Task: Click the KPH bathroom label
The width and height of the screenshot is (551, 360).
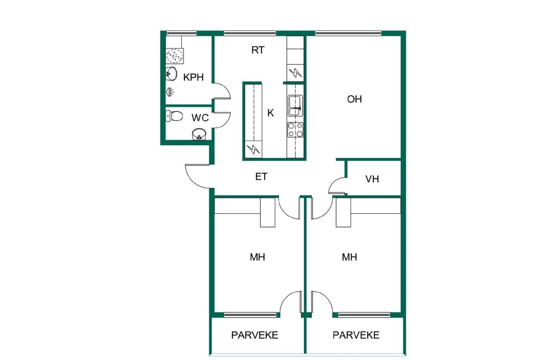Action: pos(193,77)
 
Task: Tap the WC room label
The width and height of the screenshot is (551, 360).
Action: pos(200,117)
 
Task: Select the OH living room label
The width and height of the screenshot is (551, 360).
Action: pos(354,99)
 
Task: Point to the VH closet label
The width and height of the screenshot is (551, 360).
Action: pos(372,179)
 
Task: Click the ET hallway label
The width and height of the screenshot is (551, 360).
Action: pos(261,177)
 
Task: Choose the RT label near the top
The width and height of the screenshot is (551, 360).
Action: pos(257,50)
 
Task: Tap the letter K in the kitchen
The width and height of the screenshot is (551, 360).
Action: pos(270,113)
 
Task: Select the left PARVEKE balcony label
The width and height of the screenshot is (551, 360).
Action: pos(254,335)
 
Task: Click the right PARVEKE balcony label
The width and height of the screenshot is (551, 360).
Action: pos(356,335)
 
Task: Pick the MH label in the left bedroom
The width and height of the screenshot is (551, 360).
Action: pos(257,257)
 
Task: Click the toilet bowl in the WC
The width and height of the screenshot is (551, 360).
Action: pos(174,116)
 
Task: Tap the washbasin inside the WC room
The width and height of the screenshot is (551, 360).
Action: pos(199,134)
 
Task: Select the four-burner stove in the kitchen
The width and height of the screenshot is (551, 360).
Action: pos(295,130)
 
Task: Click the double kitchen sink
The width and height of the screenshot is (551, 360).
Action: pos(295,106)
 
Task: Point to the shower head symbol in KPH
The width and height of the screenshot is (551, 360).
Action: pos(170,92)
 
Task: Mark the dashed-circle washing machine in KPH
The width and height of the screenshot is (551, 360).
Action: pos(174,56)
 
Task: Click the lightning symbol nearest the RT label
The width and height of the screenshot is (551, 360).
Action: pos(295,73)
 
